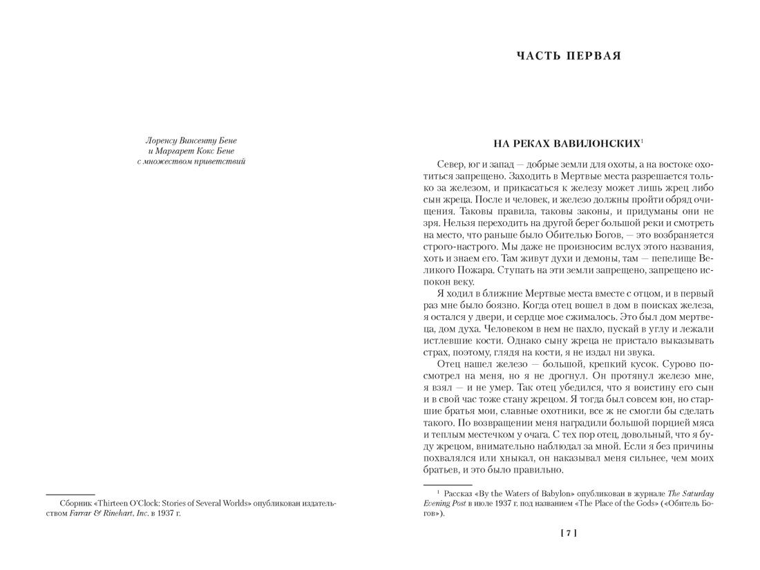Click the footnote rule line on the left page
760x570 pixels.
click(x=60, y=494)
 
